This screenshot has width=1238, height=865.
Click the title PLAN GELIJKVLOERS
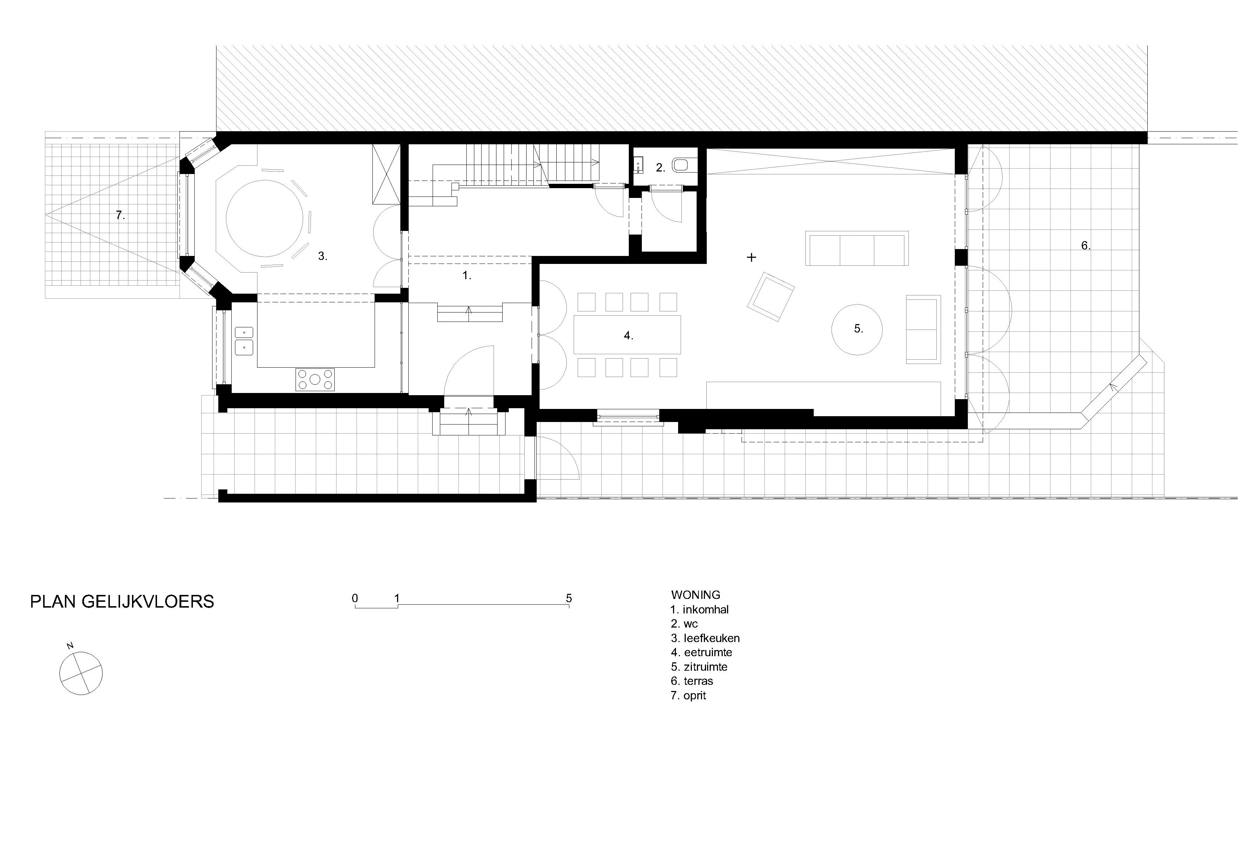click(122, 601)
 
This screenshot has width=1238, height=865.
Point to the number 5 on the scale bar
click(569, 598)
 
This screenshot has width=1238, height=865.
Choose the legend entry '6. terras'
click(692, 681)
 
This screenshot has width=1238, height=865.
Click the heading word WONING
click(696, 595)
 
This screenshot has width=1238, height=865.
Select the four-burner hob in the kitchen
click(315, 380)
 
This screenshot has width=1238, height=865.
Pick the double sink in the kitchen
click(244, 341)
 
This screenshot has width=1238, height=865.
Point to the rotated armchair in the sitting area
click(771, 297)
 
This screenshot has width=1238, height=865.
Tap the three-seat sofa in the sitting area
click(857, 248)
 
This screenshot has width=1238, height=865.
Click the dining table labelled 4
click(627, 335)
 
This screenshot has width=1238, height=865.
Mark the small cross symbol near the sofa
click(751, 258)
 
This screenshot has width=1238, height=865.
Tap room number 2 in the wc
click(660, 167)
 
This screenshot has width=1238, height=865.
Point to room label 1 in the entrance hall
click(467, 276)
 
